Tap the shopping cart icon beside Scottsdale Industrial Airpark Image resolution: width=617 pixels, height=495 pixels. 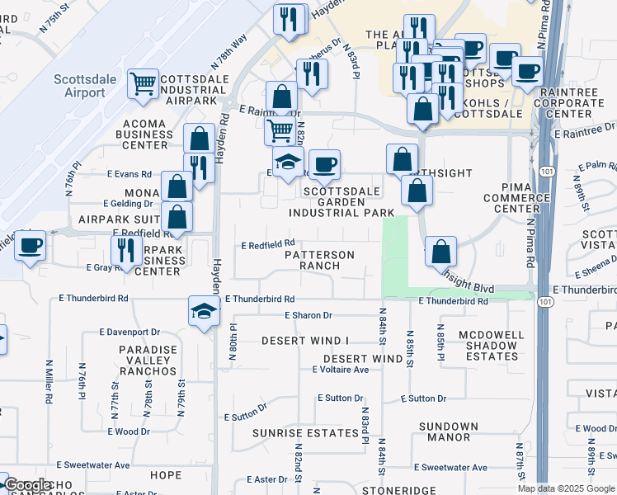[143, 83]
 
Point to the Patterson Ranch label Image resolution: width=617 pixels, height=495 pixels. [319, 261]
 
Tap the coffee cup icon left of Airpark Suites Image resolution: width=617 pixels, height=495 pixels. [31, 245]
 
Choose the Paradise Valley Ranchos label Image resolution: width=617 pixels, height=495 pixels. [148, 361]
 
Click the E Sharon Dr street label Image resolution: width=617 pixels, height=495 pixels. [308, 315]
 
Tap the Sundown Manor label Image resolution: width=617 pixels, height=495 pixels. [449, 432]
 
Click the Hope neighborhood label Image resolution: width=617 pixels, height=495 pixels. [166, 474]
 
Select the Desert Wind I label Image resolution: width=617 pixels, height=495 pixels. [306, 341]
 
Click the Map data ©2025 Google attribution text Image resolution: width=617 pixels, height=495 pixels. [567, 488]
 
